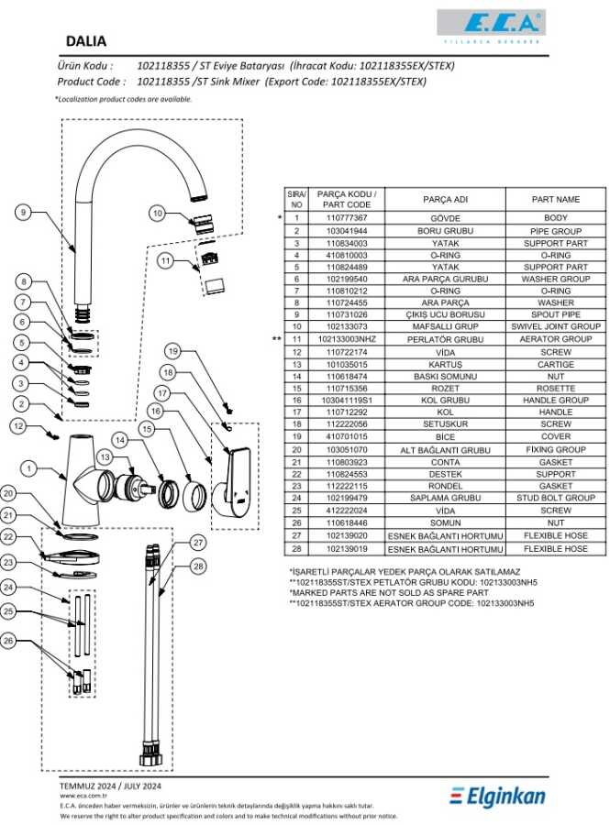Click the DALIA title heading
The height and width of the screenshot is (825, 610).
(x=87, y=41)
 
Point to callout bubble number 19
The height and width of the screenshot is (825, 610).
(x=174, y=350)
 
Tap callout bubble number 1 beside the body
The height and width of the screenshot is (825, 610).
(x=29, y=469)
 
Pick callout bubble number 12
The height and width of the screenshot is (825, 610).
(x=19, y=425)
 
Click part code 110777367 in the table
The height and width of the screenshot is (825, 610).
(x=348, y=219)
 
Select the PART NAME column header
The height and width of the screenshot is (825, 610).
(x=555, y=199)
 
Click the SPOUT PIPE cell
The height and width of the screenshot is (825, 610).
(x=555, y=314)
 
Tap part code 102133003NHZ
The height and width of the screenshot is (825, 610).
(x=348, y=339)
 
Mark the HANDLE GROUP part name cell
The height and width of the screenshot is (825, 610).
(x=555, y=401)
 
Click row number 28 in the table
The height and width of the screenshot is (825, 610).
(x=296, y=548)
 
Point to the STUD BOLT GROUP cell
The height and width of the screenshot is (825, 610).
(x=555, y=499)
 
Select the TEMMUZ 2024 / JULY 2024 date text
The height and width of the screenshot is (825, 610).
(x=110, y=786)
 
